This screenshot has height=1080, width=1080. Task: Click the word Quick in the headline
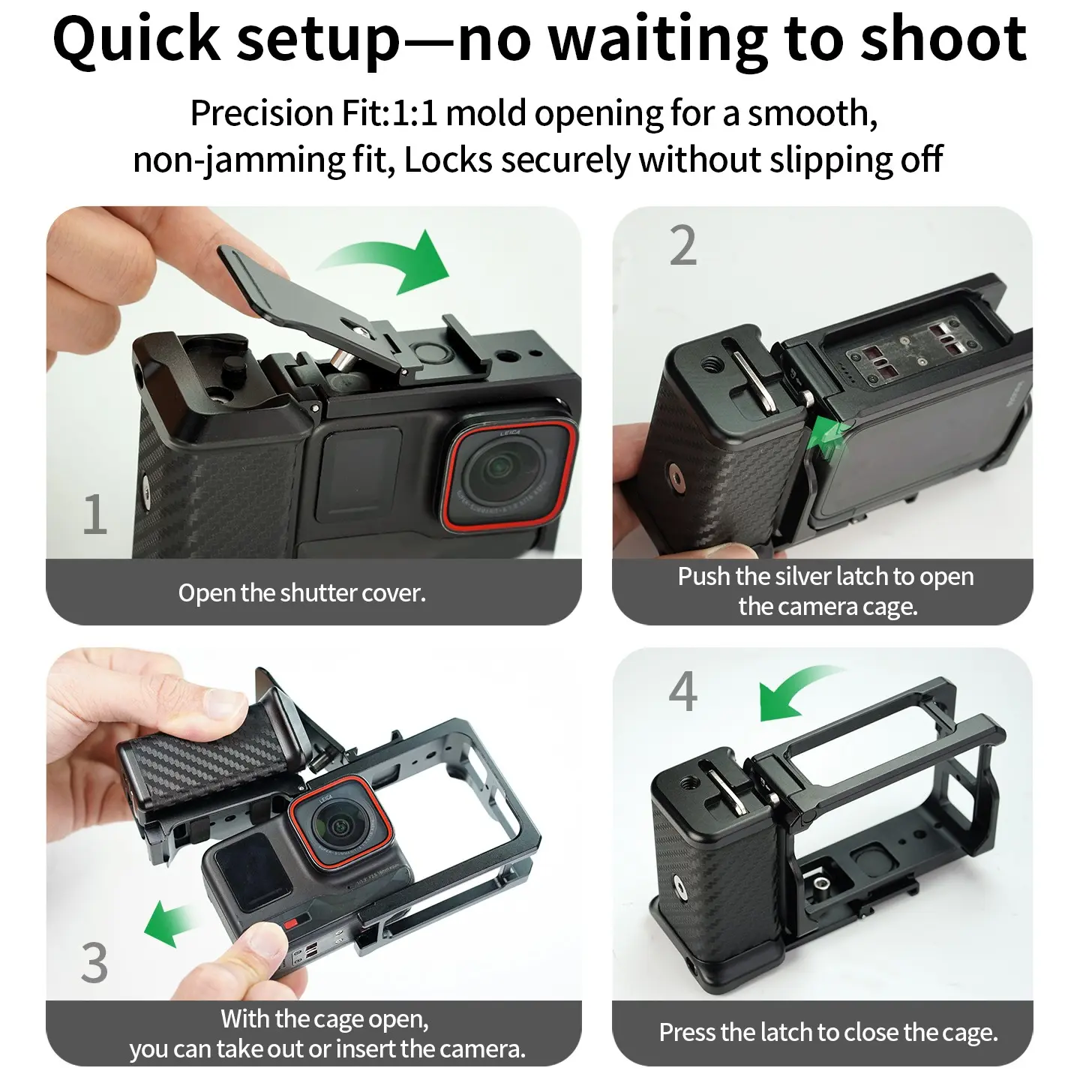[136, 39]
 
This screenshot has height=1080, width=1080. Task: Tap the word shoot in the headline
[943, 38]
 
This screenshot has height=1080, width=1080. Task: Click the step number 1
[94, 514]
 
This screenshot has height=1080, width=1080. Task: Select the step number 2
[683, 245]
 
